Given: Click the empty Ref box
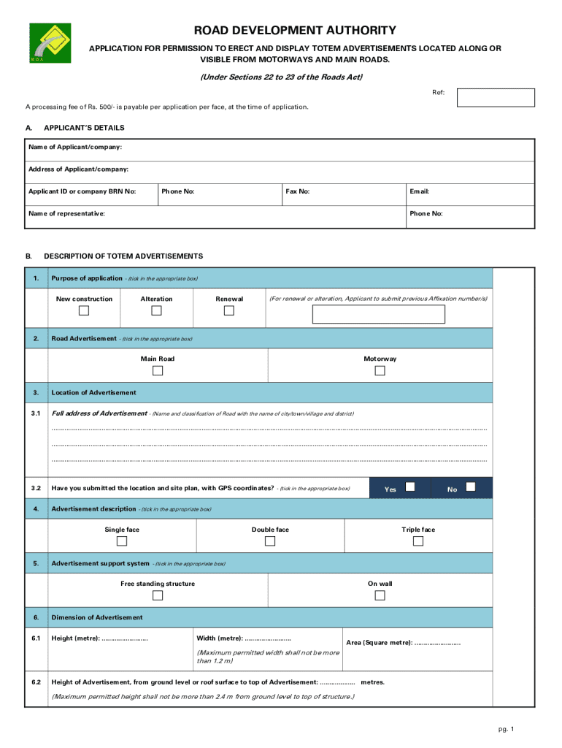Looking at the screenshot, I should [496, 97].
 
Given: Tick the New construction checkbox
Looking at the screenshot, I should [84, 310].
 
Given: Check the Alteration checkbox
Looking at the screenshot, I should [157, 310].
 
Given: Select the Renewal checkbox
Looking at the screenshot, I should [229, 310].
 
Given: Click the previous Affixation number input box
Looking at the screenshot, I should [378, 314].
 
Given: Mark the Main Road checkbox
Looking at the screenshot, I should [158, 370].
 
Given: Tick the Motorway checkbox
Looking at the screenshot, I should [380, 370].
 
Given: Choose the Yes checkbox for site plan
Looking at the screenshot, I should [411, 486].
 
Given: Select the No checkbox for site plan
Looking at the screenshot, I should [471, 486].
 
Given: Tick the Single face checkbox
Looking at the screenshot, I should [122, 541].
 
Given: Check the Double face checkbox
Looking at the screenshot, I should [270, 541].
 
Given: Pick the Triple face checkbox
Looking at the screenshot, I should [417, 541].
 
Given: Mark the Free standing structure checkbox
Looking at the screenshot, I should [158, 595].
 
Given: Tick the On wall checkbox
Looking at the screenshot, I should [380, 595].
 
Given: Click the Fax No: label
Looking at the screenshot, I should [298, 191].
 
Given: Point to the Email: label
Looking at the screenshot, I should [419, 191].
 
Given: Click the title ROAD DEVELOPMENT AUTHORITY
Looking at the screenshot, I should [295, 31].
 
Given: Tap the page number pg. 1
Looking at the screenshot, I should [507, 729].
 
